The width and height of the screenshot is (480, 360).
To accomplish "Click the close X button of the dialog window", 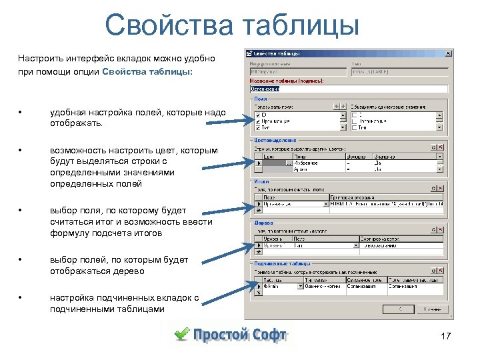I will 448,53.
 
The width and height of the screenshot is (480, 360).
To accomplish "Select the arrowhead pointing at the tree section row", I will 249,244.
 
